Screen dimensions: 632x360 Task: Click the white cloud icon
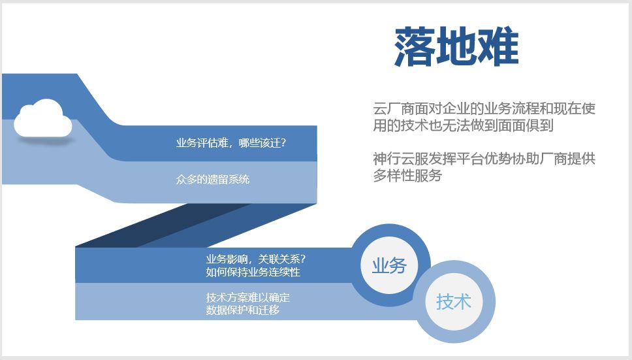coord(42,118)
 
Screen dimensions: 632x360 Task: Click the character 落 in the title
coord(415,46)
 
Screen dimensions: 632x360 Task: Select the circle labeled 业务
coord(389,265)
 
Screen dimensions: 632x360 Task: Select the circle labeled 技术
coord(454,302)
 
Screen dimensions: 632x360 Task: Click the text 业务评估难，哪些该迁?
coord(231,143)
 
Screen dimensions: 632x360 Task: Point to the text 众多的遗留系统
coord(212,180)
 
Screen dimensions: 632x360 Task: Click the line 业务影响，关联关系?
coord(256,259)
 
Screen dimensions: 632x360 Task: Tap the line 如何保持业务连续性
coord(253,272)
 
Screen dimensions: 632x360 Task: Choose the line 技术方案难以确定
coord(248,297)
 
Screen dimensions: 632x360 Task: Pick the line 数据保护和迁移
coord(243,310)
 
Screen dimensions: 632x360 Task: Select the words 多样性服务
coord(407,175)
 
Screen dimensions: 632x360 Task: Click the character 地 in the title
coord(456,46)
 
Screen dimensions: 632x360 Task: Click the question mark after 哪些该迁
coord(284,143)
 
